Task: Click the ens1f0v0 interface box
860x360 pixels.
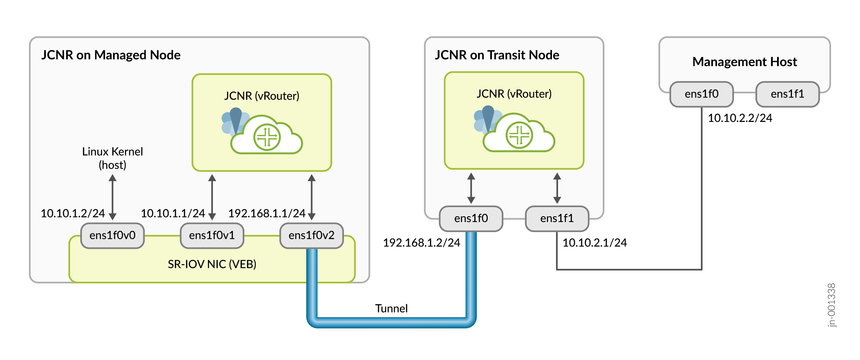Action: pos(112,235)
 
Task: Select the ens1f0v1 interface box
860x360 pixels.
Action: pos(212,235)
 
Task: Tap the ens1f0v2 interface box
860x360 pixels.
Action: pos(312,235)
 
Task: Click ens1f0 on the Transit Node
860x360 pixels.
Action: pos(471,218)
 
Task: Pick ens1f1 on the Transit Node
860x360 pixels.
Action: pos(557,218)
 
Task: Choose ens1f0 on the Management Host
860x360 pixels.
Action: pos(701,94)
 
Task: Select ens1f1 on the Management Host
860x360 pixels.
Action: pos(787,94)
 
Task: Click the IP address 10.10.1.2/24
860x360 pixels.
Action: pos(73,213)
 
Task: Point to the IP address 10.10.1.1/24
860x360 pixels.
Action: pos(173,213)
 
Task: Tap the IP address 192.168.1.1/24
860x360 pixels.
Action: pos(267,213)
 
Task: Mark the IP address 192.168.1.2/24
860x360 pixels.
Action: pos(422,243)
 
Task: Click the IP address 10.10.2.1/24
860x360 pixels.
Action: pos(595,243)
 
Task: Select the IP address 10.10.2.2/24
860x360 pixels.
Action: pos(740,118)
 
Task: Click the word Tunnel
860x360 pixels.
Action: pos(391,308)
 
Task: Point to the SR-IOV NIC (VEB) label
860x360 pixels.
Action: pos(212,264)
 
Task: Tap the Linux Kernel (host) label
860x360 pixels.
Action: pos(112,158)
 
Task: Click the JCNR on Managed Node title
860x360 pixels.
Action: pos(111,55)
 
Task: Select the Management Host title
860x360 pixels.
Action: pos(745,62)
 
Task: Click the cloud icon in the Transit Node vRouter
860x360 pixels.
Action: pos(518,134)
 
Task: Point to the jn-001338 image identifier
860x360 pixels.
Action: pos(831,305)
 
